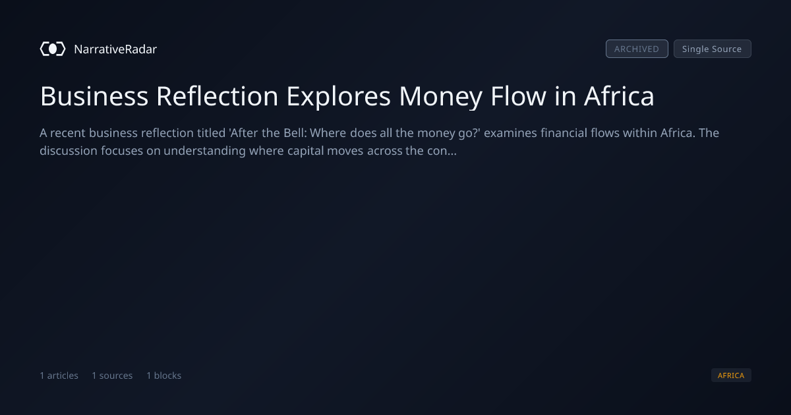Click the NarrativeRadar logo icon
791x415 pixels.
click(x=53, y=49)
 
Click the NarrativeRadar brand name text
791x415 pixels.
click(x=115, y=49)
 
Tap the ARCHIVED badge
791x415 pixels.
click(x=637, y=49)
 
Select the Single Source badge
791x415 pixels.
click(x=713, y=49)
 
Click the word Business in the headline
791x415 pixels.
click(x=94, y=96)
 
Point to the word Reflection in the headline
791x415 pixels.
click(x=217, y=96)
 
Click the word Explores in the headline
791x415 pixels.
click(x=339, y=97)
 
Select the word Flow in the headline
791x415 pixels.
click(x=518, y=96)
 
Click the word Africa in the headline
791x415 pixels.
click(x=619, y=96)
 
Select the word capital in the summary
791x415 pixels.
click(x=305, y=151)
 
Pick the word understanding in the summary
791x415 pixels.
click(x=204, y=151)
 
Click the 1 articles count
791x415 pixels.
click(x=59, y=375)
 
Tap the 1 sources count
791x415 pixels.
click(x=112, y=375)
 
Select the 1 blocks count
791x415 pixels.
click(x=164, y=375)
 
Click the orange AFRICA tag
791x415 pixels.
click(x=731, y=375)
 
